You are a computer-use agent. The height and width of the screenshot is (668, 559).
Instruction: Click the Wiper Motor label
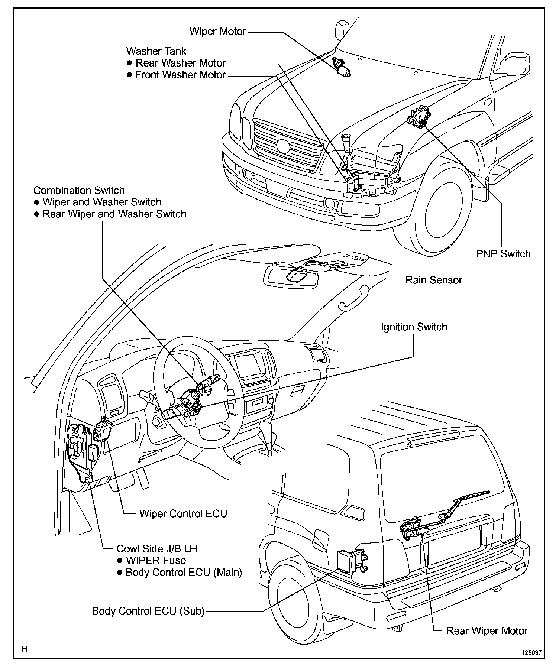(x=218, y=31)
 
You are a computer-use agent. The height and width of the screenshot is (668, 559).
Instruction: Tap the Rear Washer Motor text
(x=181, y=63)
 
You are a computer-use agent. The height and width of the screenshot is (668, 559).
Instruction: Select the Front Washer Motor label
(x=180, y=75)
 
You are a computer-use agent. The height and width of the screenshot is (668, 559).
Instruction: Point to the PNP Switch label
(x=503, y=254)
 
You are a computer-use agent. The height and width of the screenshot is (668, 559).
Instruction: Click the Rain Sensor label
(x=433, y=280)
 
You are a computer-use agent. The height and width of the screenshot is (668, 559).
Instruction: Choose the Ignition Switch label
(x=414, y=327)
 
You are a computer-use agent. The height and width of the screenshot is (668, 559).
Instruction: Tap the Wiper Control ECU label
(x=183, y=513)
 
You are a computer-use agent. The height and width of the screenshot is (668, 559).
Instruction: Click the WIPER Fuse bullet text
(x=156, y=560)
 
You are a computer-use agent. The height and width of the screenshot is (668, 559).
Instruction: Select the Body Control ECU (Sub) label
(x=148, y=611)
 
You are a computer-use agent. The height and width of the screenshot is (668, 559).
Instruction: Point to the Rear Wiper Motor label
(x=487, y=631)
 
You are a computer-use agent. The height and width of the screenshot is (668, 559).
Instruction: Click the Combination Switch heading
(x=79, y=190)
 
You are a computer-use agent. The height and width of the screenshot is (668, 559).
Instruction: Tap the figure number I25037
(x=532, y=652)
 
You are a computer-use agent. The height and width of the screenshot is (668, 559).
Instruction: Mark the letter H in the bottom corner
(x=25, y=649)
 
